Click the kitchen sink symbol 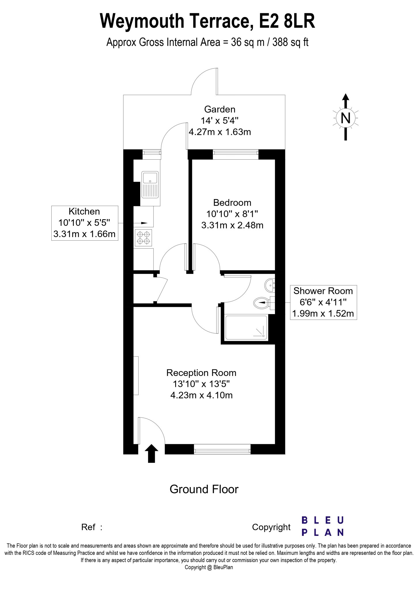[150, 185]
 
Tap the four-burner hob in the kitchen [144, 238]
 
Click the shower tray [247, 327]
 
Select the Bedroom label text [232, 203]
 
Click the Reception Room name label [201, 373]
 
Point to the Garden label [220, 109]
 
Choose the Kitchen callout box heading [84, 211]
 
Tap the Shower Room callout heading [323, 291]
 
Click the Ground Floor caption [204, 489]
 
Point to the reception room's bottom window [222, 449]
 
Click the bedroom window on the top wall [236, 154]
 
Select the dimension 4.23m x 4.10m [201, 395]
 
